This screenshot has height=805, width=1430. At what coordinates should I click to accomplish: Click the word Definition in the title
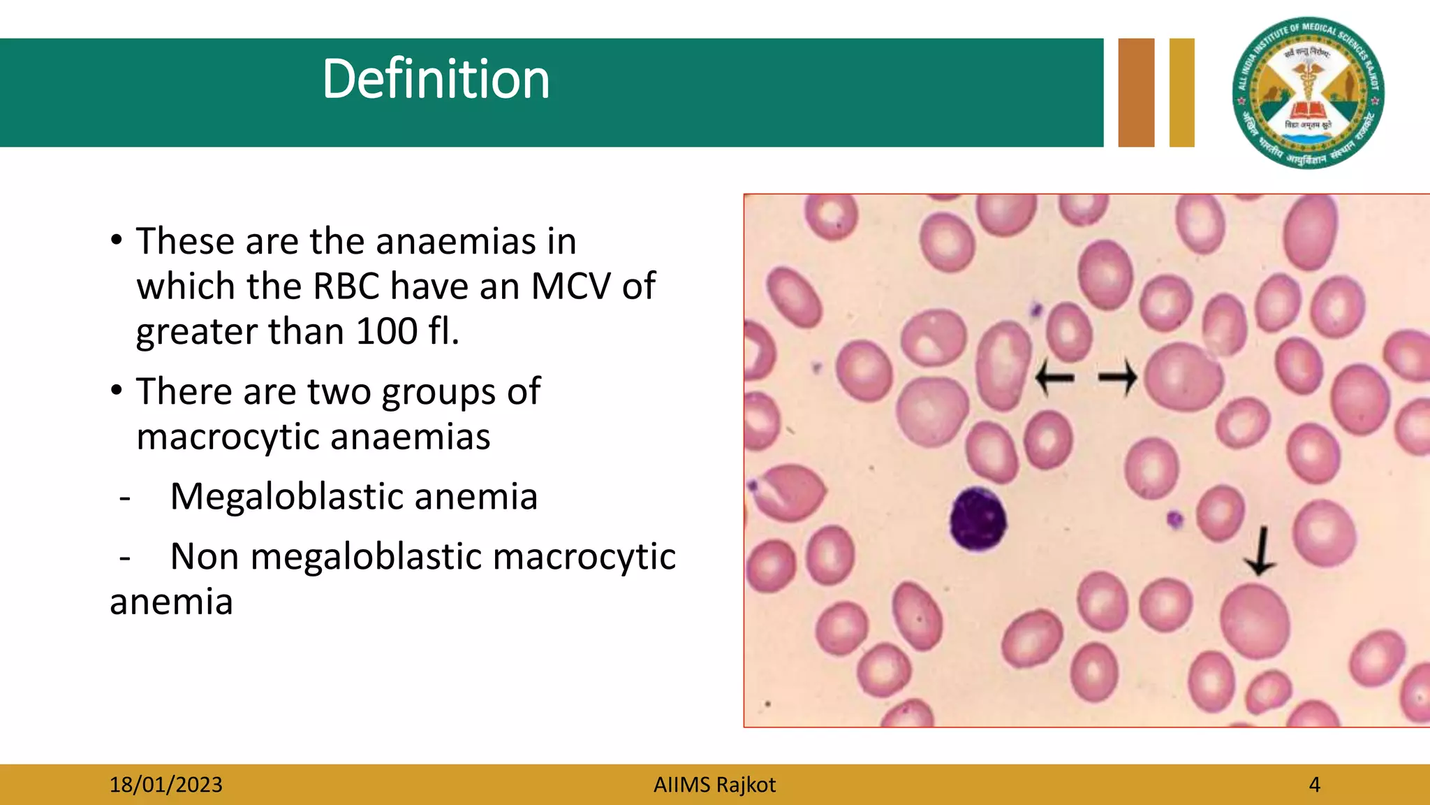[436, 79]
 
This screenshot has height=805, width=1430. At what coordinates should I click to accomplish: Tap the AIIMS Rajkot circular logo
[1309, 94]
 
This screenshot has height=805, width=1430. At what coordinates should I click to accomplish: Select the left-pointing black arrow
[1054, 378]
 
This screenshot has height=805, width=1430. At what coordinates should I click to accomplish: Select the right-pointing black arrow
[1118, 378]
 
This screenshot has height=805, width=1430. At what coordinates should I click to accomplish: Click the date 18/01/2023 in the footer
[165, 785]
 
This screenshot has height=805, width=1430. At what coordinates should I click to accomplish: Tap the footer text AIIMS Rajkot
[714, 785]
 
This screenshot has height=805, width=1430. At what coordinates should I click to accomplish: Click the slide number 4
[1314, 785]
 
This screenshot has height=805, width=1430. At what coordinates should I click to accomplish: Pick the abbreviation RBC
[346, 286]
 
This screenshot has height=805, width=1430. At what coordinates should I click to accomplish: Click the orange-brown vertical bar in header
[1136, 92]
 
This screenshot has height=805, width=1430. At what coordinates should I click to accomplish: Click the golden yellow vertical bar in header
[1181, 92]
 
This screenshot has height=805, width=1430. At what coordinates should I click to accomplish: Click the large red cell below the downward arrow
[1255, 621]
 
